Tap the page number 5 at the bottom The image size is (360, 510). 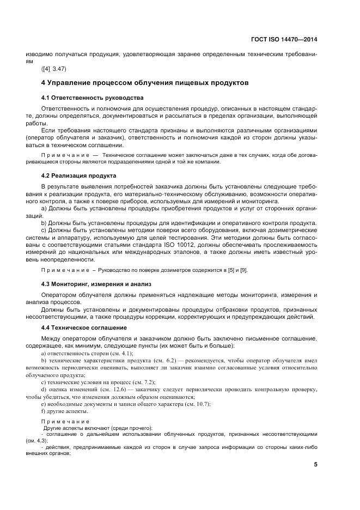[315, 464]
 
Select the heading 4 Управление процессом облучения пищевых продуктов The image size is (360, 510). [145, 83]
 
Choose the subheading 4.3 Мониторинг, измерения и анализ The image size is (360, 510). [96, 284]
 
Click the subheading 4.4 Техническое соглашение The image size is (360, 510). [84, 327]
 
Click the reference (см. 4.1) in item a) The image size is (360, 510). [120, 353]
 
